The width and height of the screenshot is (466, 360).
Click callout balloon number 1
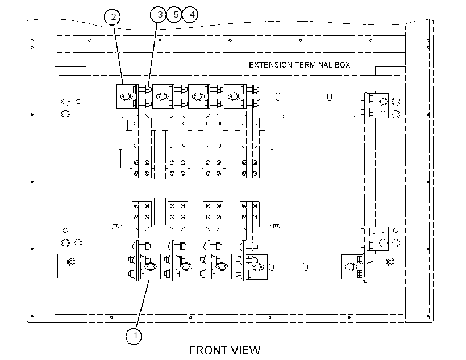click(x=134, y=336)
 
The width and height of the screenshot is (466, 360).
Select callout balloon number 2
click(x=113, y=16)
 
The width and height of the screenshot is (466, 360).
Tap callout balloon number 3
click(x=159, y=15)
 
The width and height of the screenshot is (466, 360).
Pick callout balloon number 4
click(x=190, y=15)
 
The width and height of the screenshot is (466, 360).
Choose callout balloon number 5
click(x=174, y=15)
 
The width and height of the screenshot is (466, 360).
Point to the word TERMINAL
click(x=313, y=65)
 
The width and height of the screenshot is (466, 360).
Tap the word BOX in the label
click(x=342, y=65)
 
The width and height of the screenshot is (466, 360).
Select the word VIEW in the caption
click(x=246, y=350)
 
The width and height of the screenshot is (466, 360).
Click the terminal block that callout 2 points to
click(x=127, y=97)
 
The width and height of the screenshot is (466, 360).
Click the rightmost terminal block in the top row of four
click(x=235, y=97)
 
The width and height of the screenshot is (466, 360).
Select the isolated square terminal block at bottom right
click(x=352, y=266)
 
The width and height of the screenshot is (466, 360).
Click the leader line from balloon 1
click(x=142, y=304)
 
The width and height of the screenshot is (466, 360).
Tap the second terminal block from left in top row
click(x=163, y=97)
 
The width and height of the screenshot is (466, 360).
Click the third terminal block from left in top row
click(x=199, y=97)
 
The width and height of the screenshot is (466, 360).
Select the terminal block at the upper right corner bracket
click(x=377, y=106)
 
